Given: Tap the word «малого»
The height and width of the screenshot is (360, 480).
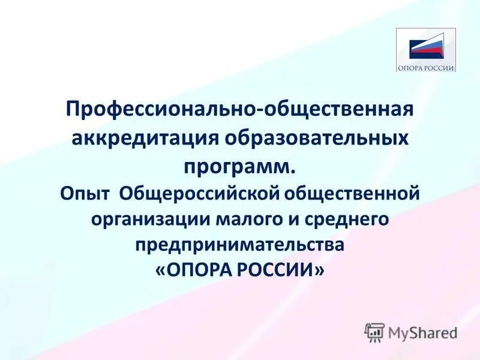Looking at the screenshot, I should pyautogui.click(x=241, y=220).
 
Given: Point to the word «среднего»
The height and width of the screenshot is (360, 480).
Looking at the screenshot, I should pyautogui.click(x=344, y=220).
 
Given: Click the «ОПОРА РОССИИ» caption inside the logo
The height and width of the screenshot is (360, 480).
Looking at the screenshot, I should pyautogui.click(x=426, y=67).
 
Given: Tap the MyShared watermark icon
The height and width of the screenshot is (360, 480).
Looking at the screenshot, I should pyautogui.click(x=374, y=332).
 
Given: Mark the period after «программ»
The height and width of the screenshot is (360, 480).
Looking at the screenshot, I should pyautogui.click(x=293, y=171).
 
